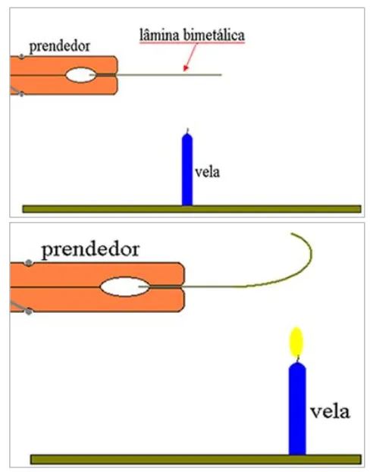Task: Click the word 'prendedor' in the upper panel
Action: (59, 47)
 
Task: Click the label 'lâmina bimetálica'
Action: (192, 35)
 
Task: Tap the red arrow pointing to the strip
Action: (190, 57)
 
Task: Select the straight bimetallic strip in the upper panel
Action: (155, 75)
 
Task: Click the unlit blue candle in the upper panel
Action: (187, 170)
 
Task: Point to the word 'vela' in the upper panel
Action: (207, 172)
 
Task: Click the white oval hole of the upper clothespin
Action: (81, 75)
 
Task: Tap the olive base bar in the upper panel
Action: (192, 209)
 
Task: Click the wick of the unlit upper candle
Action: (187, 131)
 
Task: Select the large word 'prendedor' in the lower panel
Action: (90, 250)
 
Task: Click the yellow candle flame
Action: (296, 342)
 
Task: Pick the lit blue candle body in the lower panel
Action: (297, 408)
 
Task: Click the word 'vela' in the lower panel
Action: (330, 411)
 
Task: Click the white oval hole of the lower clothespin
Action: (125, 287)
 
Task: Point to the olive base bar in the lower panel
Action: (196, 459)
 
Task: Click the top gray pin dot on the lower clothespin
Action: (29, 263)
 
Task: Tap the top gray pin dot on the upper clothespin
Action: (21, 57)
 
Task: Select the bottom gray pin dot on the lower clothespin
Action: (29, 311)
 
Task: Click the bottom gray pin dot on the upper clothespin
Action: (21, 95)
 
